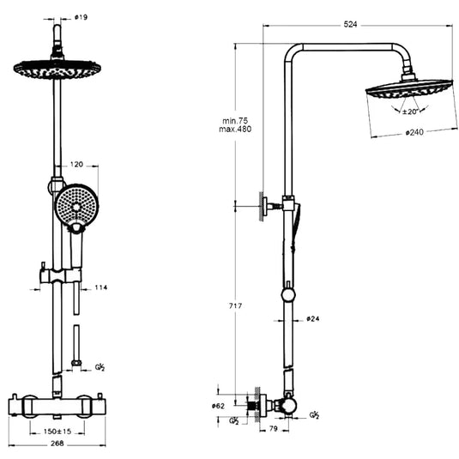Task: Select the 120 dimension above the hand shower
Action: pos(76,162)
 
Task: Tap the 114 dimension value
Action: pos(100,287)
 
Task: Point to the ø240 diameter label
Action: pos(415,133)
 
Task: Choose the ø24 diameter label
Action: pos(314,319)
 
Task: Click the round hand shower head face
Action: pos(76,206)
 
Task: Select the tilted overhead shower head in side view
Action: pos(408,88)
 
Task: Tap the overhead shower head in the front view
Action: pos(57,68)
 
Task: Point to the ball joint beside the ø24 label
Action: pos(288,295)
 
